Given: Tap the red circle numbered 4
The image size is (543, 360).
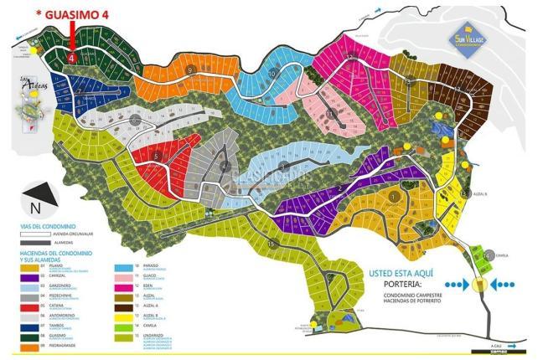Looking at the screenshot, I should click(72, 59).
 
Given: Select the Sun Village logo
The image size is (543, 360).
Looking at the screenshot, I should click(476, 38).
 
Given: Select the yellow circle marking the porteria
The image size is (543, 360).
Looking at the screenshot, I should click(480, 285).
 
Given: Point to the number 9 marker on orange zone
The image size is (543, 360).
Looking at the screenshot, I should click(192, 69).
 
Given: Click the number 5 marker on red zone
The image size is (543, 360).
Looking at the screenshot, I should click(158, 155).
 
